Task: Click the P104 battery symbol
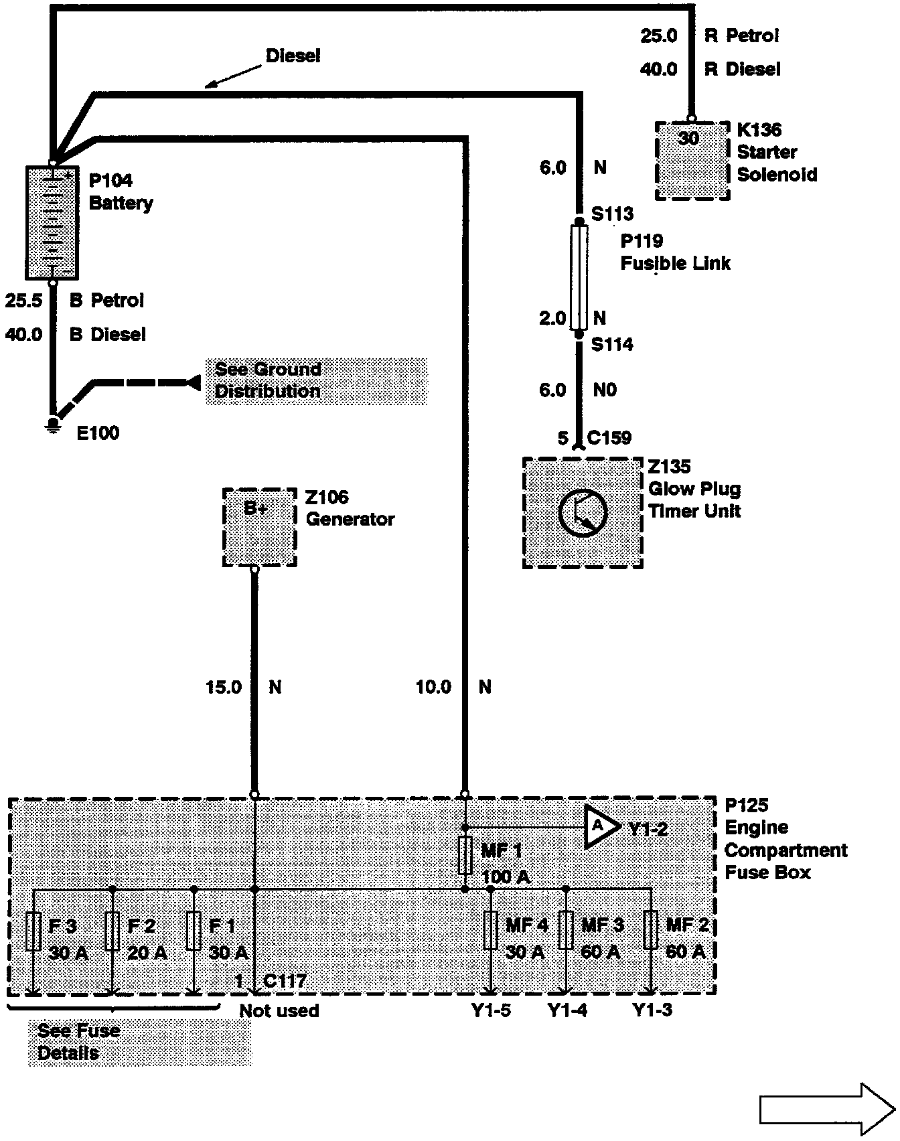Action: pyautogui.click(x=52, y=222)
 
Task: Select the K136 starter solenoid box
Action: pyautogui.click(x=692, y=161)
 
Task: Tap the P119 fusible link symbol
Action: pyautogui.click(x=579, y=277)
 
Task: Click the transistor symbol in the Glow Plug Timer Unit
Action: pyautogui.click(x=583, y=512)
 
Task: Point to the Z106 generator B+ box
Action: pyautogui.click(x=259, y=527)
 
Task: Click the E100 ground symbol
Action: pyautogui.click(x=52, y=425)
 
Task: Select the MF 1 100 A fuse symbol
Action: pyautogui.click(x=466, y=855)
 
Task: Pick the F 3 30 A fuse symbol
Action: pyautogui.click(x=33, y=931)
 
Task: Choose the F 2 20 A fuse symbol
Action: pyautogui.click(x=112, y=931)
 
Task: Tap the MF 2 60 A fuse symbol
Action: pyautogui.click(x=650, y=930)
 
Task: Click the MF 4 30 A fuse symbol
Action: pyautogui.click(x=490, y=930)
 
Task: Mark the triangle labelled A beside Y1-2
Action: pyautogui.click(x=601, y=827)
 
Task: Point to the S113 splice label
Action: pyautogui.click(x=612, y=214)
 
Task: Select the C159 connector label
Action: pyautogui.click(x=609, y=438)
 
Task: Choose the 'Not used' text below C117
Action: pyautogui.click(x=279, y=1010)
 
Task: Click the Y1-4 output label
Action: pyautogui.click(x=567, y=1010)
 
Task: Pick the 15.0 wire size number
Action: pyautogui.click(x=224, y=687)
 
